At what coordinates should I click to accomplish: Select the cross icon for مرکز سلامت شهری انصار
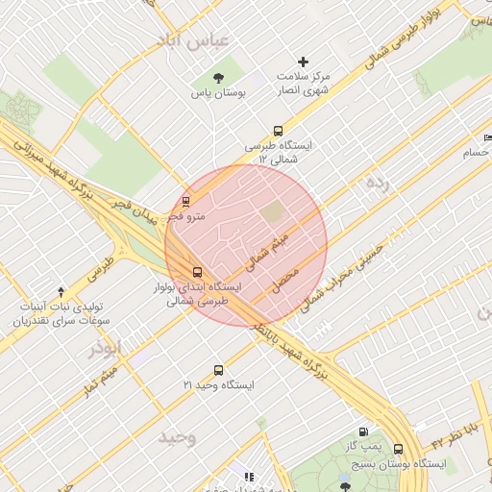[304, 61]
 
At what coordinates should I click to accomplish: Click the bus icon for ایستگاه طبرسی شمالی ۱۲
[279, 131]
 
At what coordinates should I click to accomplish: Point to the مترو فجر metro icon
[186, 202]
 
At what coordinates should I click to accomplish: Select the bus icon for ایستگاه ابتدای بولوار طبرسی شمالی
[198, 273]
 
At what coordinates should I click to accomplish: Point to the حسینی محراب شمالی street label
[343, 273]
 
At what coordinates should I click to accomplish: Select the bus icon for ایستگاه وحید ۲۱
[219, 370]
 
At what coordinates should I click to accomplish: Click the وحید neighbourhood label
[178, 437]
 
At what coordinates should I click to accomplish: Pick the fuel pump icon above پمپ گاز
[363, 432]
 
